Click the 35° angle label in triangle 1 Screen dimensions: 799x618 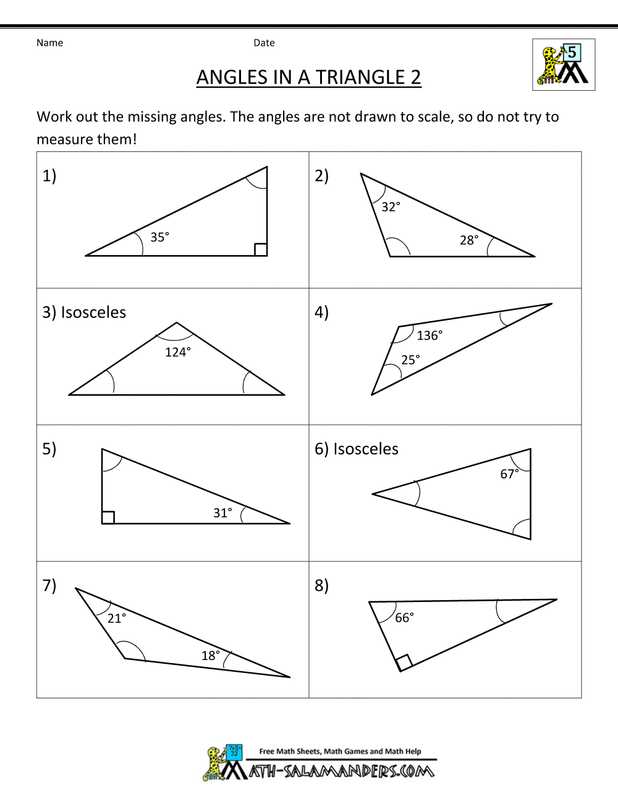pyautogui.click(x=159, y=237)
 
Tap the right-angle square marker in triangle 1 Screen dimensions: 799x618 pyautogui.click(x=261, y=249)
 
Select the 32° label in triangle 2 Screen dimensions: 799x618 pyautogui.click(x=391, y=207)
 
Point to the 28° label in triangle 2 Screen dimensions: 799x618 pyautogui.click(x=469, y=240)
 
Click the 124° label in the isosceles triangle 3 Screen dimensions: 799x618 pyautogui.click(x=178, y=352)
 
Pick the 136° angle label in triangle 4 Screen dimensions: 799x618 pyautogui.click(x=430, y=335)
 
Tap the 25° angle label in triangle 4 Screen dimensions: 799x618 pyautogui.click(x=410, y=359)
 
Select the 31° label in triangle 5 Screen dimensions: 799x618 pyautogui.click(x=222, y=512)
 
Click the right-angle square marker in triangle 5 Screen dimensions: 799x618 pyautogui.click(x=108, y=517)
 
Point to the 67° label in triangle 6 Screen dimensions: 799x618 pyautogui.click(x=509, y=474)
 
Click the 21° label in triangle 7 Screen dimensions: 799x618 pyautogui.click(x=117, y=618)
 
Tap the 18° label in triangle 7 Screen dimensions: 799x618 pyautogui.click(x=211, y=655)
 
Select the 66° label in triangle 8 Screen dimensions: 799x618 pyautogui.click(x=404, y=617)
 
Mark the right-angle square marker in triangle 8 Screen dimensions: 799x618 pyautogui.click(x=404, y=663)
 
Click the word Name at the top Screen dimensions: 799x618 pyautogui.click(x=49, y=43)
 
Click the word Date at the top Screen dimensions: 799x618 pyautogui.click(x=264, y=43)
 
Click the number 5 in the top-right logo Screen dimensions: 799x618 pyautogui.click(x=572, y=52)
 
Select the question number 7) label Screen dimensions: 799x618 pyautogui.click(x=49, y=585)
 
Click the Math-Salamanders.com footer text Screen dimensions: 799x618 pyautogui.click(x=342, y=771)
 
